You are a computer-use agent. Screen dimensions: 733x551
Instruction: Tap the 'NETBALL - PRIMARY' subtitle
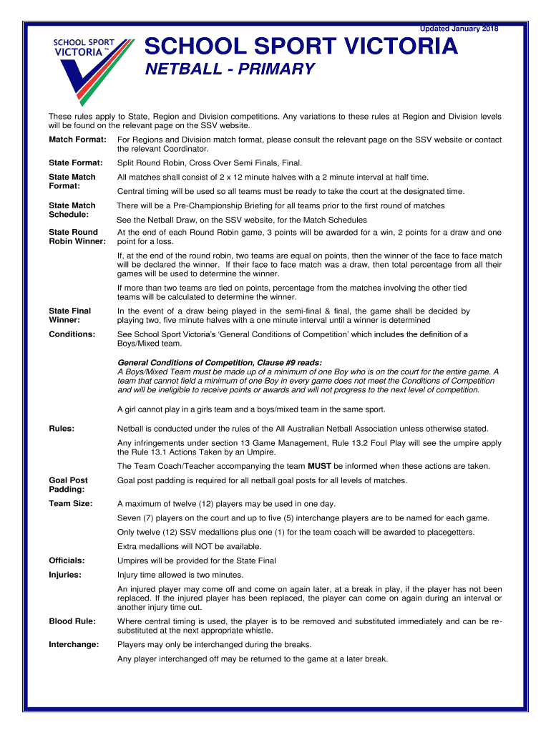230,69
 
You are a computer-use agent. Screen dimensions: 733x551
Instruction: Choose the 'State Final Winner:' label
70,316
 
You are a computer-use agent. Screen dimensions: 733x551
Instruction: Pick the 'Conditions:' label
72,334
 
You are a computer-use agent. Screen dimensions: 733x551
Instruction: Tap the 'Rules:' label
62,429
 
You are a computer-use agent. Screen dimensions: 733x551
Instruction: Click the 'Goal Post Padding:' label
69,485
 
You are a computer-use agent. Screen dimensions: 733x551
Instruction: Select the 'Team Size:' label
70,503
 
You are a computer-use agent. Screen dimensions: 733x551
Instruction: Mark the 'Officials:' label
67,560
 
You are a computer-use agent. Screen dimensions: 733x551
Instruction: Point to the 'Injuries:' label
65,575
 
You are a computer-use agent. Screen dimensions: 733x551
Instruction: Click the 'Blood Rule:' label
72,621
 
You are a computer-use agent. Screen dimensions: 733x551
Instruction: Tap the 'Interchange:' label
74,645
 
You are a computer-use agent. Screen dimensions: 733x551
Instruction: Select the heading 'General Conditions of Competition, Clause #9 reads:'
220,363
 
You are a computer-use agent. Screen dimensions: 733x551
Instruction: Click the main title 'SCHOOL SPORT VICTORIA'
301,47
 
